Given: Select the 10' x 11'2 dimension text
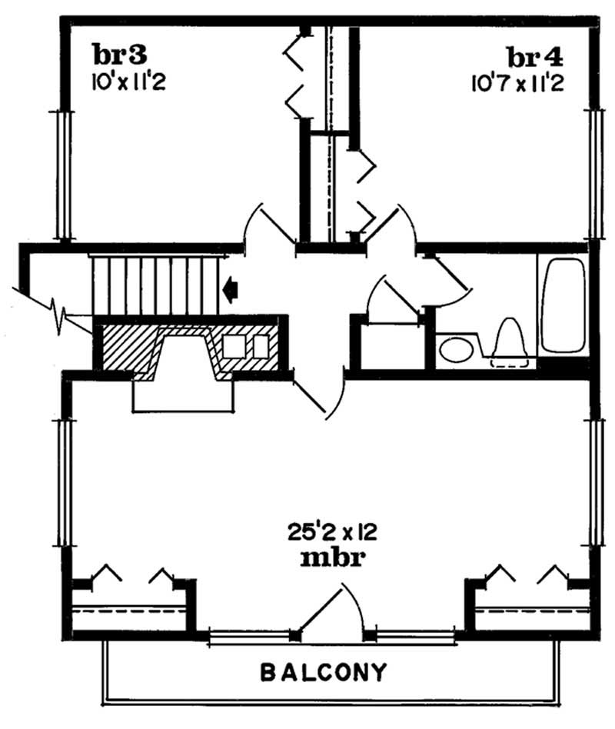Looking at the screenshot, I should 128,81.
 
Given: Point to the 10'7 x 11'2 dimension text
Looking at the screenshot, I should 518,82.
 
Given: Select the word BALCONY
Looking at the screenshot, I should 323,673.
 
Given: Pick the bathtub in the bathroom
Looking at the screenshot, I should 564,305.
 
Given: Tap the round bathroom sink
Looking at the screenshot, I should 455,350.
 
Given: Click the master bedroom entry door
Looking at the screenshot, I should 319,396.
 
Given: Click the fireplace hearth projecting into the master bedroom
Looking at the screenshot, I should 183,395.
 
